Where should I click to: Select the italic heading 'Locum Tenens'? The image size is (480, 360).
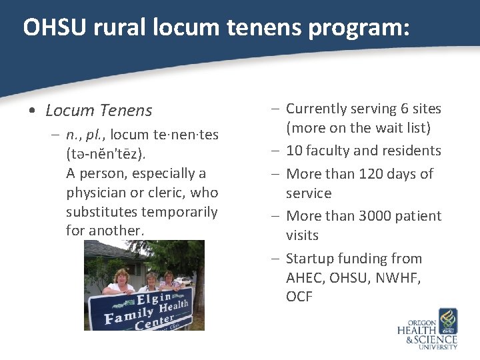(99, 110)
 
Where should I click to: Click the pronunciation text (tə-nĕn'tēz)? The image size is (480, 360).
(105, 154)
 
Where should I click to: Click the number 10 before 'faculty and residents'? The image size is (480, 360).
(294, 151)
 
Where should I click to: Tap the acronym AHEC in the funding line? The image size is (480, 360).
(305, 277)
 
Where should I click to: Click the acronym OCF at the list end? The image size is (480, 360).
(299, 297)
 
